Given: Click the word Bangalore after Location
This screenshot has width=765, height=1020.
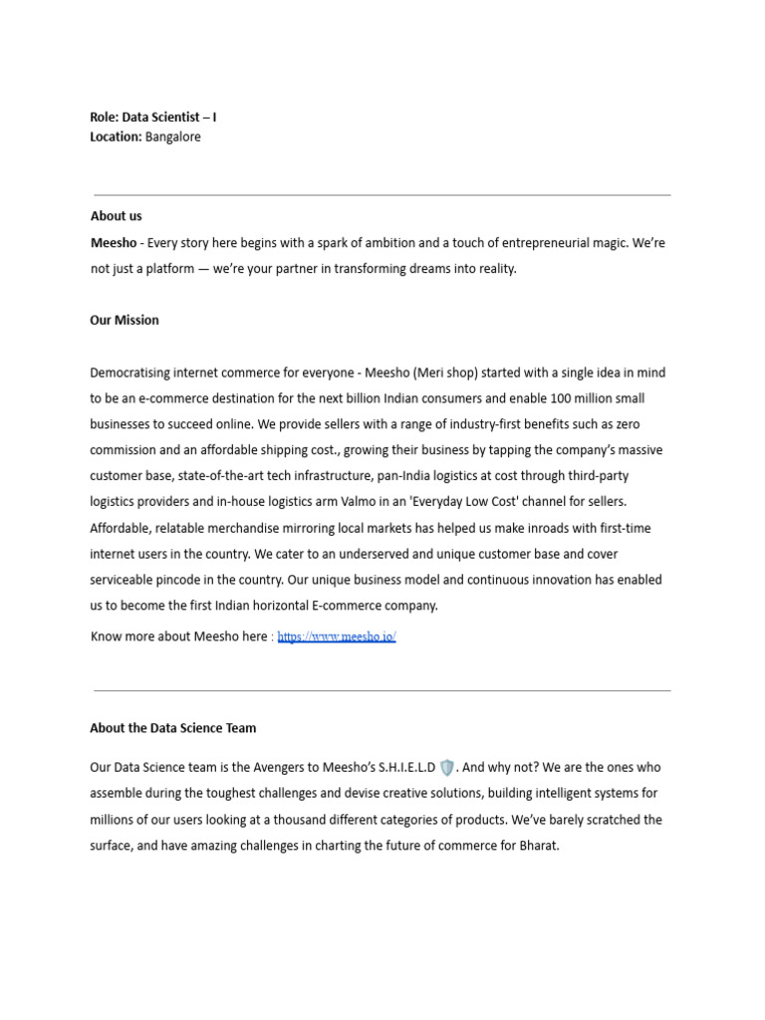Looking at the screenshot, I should (173, 136).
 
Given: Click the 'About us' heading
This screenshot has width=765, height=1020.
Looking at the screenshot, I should (116, 215).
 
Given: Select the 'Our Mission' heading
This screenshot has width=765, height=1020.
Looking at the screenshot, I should (125, 320).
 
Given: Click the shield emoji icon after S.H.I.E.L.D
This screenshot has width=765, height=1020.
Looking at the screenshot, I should (447, 768).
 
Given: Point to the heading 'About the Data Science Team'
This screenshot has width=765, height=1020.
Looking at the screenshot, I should (172, 728).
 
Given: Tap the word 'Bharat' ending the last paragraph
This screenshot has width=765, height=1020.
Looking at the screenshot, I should (538, 846).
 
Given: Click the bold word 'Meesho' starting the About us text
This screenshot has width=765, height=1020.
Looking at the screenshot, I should (114, 243).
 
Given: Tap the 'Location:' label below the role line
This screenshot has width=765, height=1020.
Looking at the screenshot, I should (116, 136).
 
